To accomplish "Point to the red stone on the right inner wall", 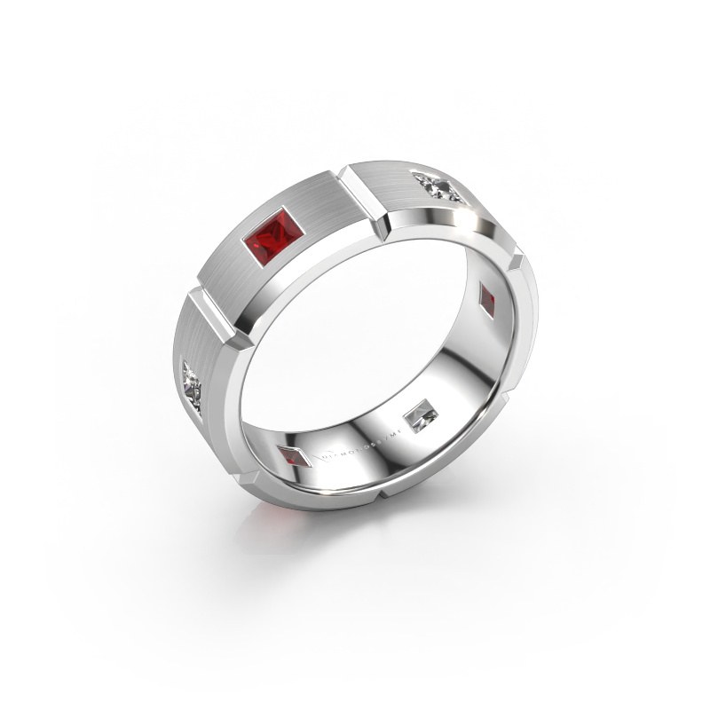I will [489, 298].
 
